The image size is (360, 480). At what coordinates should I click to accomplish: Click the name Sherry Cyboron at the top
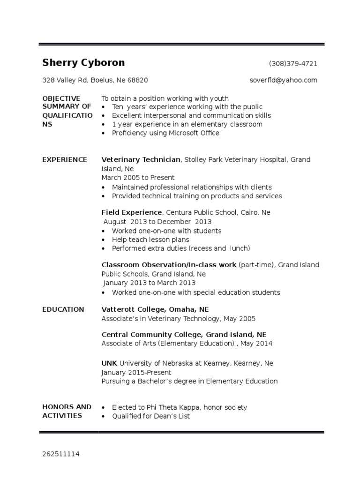tap(83, 63)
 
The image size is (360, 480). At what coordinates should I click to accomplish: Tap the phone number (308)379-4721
tap(292, 64)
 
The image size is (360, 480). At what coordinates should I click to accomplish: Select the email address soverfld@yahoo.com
tap(283, 80)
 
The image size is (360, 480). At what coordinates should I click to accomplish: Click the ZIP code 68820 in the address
tap(138, 80)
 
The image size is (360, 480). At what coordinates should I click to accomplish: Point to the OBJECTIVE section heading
tap(61, 98)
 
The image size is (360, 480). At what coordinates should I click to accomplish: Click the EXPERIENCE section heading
tap(65, 160)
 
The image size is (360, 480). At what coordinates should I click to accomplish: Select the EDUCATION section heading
tap(63, 309)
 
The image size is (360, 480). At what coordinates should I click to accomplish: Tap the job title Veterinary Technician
tap(141, 160)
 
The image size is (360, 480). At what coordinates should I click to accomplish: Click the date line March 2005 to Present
tap(138, 178)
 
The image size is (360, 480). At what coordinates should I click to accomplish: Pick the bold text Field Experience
tap(131, 212)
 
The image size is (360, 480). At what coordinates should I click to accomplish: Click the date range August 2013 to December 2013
tap(157, 222)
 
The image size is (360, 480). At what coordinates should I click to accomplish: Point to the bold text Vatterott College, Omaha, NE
tap(155, 309)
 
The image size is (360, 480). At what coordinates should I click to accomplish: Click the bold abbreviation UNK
tap(109, 363)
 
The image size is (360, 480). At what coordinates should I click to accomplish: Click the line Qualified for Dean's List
tap(150, 416)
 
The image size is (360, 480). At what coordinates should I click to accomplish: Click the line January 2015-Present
tap(136, 372)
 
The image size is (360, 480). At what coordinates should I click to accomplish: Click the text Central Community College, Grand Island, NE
tap(184, 335)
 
